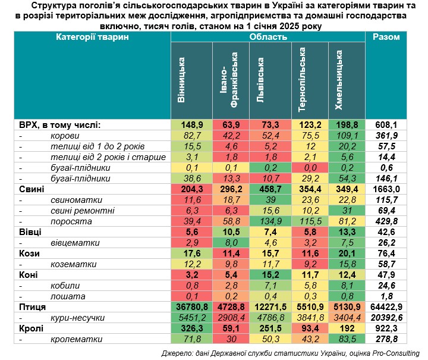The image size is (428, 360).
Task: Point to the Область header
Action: [x=268, y=37]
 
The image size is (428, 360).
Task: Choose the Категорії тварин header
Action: [x=92, y=37]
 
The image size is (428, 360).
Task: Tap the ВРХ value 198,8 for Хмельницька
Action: [x=347, y=125]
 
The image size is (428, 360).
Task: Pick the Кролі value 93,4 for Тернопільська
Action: [x=309, y=328]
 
